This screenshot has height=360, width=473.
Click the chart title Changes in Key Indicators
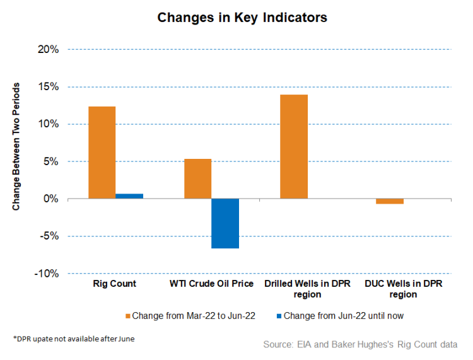[x=242, y=18]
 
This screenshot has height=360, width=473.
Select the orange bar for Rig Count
[x=102, y=153]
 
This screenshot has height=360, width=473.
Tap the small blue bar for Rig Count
[x=129, y=196]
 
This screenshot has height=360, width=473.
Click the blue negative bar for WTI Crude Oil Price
[x=225, y=223]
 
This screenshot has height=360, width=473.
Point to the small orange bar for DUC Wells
[x=390, y=201]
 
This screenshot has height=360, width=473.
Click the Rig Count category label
[x=115, y=284]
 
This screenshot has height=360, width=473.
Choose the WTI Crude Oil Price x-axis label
[x=211, y=284]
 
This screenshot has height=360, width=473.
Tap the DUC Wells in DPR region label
[x=404, y=289]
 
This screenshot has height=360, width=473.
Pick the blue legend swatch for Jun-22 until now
[x=279, y=316]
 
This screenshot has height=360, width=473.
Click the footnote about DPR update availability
[x=74, y=339]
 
